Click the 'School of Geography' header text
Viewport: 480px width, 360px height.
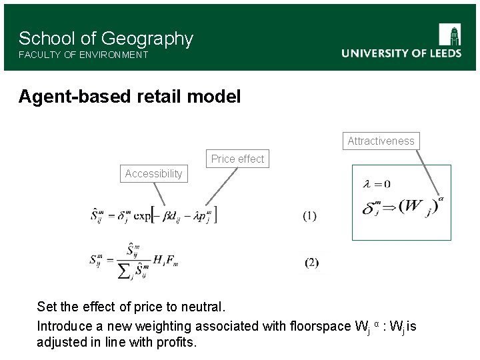(x=105, y=39)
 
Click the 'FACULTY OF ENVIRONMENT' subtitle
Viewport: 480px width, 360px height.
(x=83, y=55)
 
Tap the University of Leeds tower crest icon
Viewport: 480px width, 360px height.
(x=450, y=35)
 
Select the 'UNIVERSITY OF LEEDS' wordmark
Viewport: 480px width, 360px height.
(x=401, y=53)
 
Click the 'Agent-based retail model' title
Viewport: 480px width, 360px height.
(x=129, y=97)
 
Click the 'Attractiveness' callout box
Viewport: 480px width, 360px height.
(x=381, y=141)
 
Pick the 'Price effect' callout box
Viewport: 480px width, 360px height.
(x=237, y=159)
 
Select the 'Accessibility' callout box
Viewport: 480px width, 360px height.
(x=153, y=174)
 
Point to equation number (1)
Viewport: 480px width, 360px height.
(x=310, y=215)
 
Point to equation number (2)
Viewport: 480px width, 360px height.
(x=311, y=263)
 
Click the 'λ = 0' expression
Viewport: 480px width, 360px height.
(x=377, y=184)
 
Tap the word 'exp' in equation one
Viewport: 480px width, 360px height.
(x=141, y=215)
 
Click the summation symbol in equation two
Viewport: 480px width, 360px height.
(x=125, y=270)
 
